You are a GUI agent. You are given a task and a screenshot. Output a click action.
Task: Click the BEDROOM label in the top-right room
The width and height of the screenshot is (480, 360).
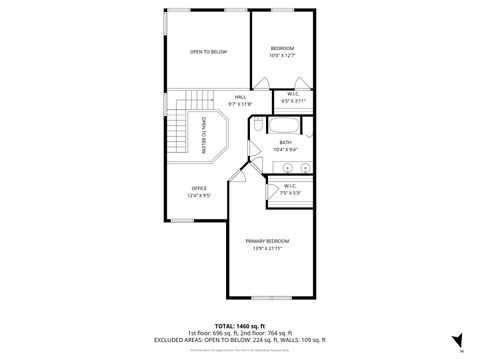(282, 48)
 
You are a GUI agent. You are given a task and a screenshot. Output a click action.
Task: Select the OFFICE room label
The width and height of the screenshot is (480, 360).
(199, 188)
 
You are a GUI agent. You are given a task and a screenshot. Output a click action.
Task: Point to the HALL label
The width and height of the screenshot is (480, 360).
(240, 98)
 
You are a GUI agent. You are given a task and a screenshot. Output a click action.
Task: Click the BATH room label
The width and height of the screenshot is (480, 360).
(285, 143)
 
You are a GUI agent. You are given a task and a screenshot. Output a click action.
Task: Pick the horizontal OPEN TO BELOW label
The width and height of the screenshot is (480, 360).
(209, 51)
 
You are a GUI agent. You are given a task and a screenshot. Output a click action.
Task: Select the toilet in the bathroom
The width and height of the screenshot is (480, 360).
(258, 125)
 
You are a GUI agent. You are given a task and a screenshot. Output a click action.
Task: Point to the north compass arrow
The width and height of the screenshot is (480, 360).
(457, 340)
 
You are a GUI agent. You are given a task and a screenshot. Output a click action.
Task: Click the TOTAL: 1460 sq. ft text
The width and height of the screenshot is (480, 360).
(239, 326)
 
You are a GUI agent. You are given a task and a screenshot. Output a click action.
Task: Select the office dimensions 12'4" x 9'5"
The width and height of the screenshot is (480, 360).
(199, 195)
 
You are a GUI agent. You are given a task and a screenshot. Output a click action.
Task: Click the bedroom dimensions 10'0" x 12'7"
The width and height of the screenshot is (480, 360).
(282, 55)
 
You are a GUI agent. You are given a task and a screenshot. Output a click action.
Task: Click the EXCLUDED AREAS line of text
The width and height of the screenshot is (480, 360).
(240, 340)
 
